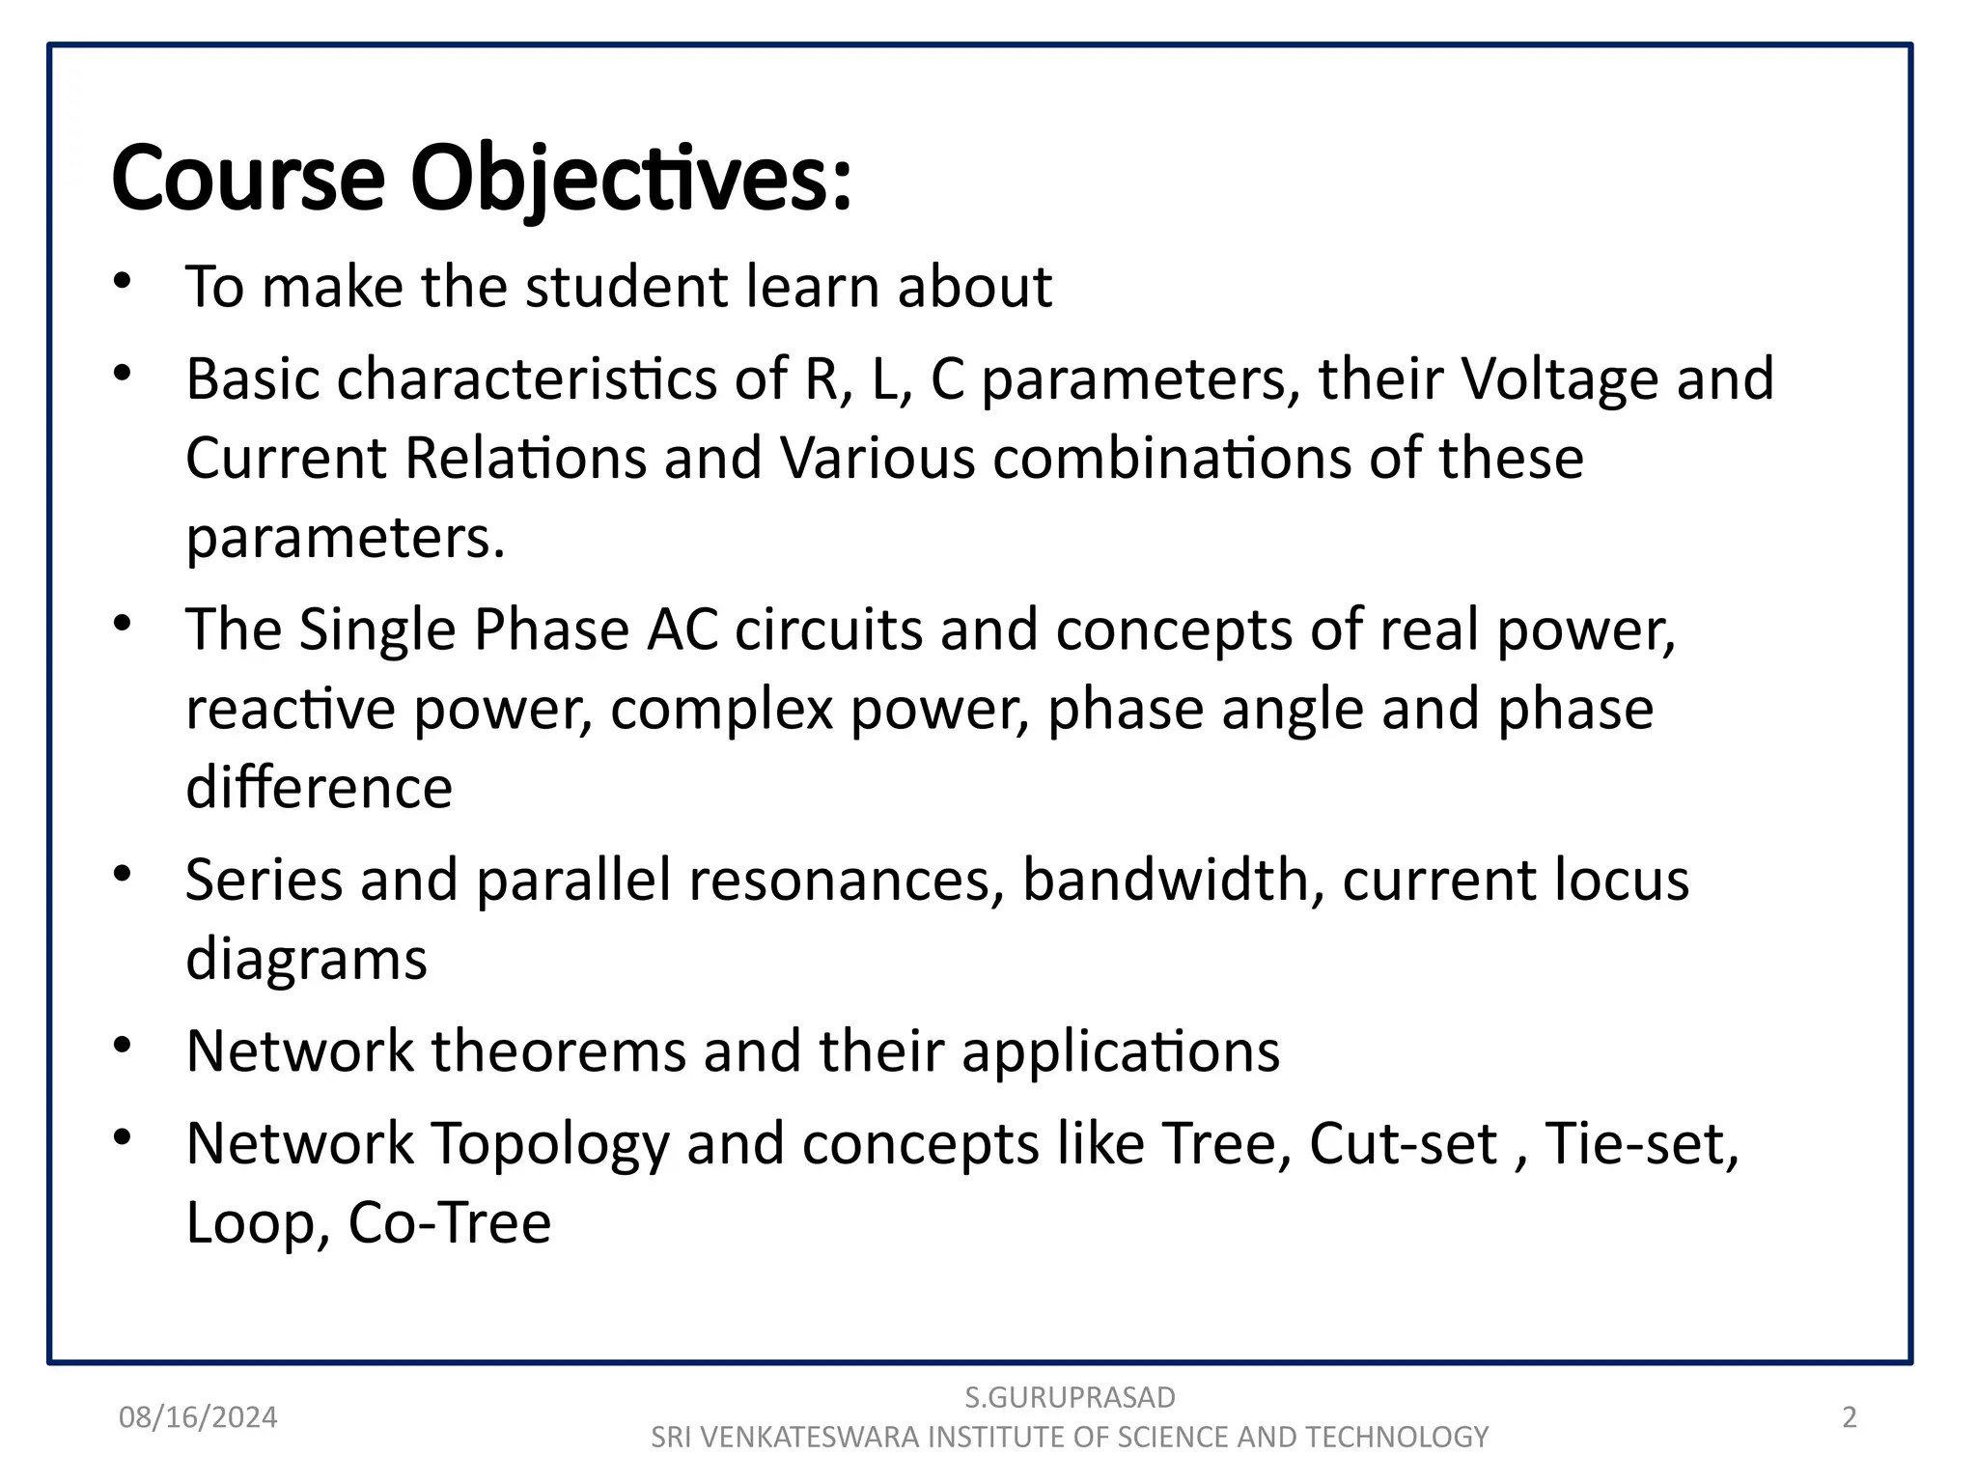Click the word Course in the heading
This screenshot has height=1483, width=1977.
point(248,179)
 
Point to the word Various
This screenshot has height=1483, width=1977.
point(877,458)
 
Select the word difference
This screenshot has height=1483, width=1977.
point(319,788)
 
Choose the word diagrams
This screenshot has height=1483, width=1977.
point(306,960)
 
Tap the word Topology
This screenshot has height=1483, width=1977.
point(549,1144)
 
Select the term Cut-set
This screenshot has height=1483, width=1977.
point(1403,1144)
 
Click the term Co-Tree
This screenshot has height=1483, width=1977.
point(449,1223)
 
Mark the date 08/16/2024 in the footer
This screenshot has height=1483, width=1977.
point(198,1417)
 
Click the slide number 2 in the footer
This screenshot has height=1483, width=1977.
point(1849,1417)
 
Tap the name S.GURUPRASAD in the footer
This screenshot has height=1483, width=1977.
point(1070,1397)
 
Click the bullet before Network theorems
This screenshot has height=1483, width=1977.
point(122,1047)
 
